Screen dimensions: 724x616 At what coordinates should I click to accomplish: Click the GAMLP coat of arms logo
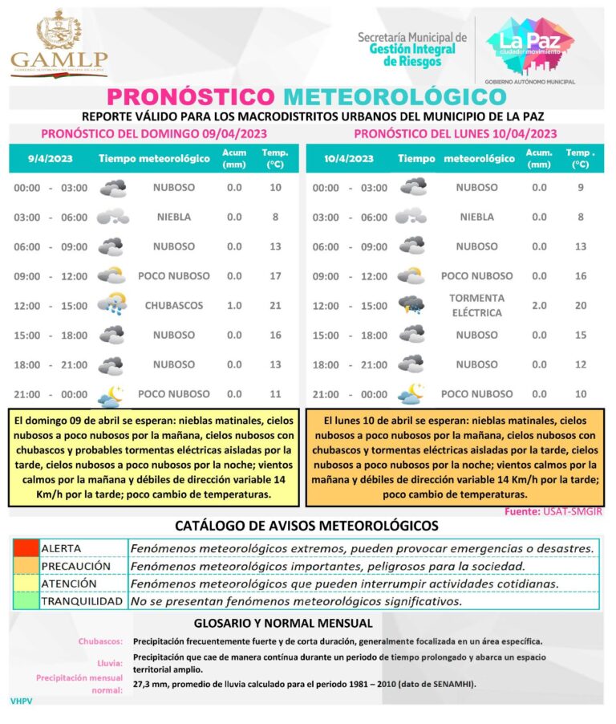[x=59, y=41]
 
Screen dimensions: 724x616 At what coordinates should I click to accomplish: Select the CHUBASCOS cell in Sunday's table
[x=174, y=306]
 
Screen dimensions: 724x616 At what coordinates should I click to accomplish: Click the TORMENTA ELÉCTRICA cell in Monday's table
[x=477, y=305]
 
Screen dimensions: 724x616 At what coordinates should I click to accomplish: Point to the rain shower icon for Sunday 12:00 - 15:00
[x=111, y=305]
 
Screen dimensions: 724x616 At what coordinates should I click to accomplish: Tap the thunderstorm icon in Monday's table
[x=412, y=305]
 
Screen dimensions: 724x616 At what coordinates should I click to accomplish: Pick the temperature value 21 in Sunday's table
[x=276, y=306]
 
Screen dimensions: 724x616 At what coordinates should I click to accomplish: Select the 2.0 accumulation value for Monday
[x=539, y=306]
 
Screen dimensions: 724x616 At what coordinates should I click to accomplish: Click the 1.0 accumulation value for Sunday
[x=234, y=306]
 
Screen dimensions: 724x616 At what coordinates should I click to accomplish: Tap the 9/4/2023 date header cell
[x=50, y=159]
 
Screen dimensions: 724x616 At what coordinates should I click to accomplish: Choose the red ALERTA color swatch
[x=26, y=548]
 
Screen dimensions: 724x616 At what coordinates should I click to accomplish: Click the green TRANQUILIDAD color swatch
[x=26, y=601]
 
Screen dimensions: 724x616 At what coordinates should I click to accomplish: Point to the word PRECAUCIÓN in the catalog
[x=75, y=566]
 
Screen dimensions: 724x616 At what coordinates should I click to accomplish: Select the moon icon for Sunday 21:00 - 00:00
[x=111, y=395]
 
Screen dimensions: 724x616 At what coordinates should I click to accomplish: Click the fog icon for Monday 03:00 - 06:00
[x=411, y=217]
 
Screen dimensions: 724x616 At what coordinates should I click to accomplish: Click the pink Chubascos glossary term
[x=100, y=641]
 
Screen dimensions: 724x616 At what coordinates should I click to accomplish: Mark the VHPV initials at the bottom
[x=21, y=701]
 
